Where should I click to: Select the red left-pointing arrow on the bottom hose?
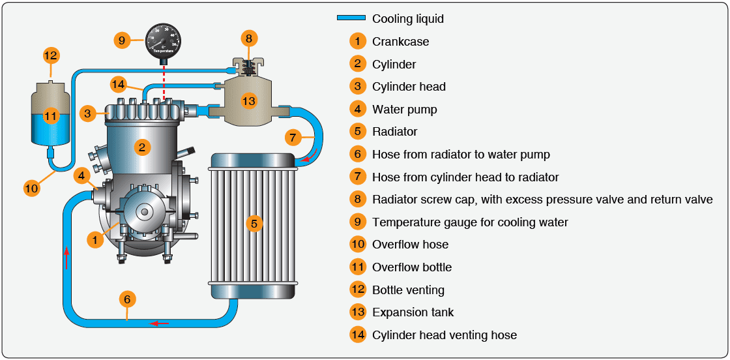160,322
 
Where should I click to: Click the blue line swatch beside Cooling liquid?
351,18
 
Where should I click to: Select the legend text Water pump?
404,109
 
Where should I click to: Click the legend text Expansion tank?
413,312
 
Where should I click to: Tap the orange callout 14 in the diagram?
118,84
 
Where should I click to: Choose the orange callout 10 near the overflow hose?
31,188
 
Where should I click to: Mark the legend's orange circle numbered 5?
357,132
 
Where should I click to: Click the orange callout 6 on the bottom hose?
128,299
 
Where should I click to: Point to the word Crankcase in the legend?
400,41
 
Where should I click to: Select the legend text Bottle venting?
407,290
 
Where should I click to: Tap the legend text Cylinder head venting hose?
444,335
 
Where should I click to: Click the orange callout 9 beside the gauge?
121,40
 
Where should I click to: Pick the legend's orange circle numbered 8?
357,200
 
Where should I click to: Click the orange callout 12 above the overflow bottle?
51,55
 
